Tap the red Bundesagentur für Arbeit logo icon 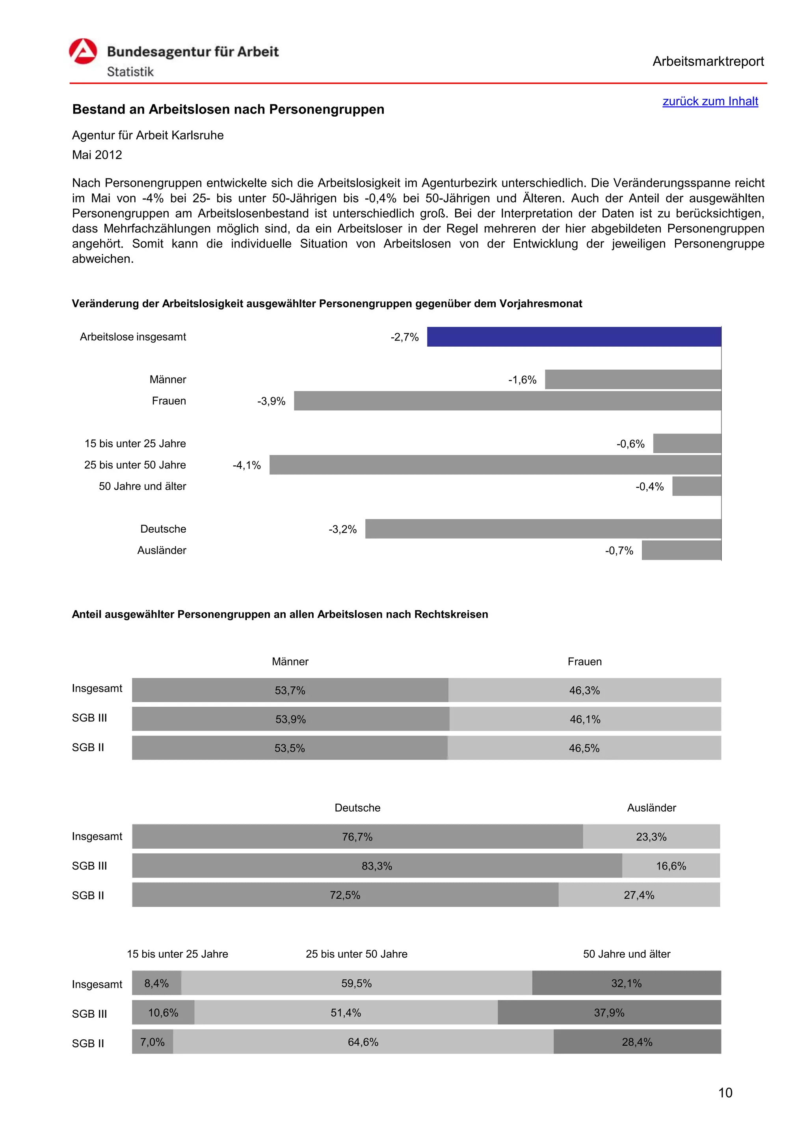pos(83,52)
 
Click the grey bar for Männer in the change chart pos(632,380)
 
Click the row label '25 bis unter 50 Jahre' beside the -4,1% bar pos(135,465)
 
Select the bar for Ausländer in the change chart pos(681,551)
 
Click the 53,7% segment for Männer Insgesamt pos(290,690)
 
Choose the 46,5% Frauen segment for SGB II pos(584,749)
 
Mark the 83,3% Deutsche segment pos(377,866)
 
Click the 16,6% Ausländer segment pos(670,866)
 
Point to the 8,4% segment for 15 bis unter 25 pos(156,983)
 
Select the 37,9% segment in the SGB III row pos(609,1013)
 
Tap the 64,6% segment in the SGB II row pos(363,1042)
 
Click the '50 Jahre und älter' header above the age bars pos(626,954)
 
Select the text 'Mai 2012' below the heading pos(97,155)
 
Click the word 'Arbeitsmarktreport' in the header pos(708,61)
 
